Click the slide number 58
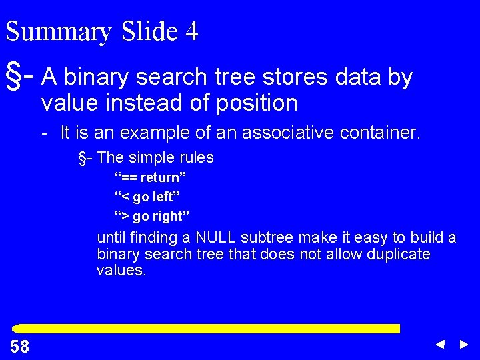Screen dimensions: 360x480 (x=20, y=346)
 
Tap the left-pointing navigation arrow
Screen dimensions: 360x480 (x=440, y=345)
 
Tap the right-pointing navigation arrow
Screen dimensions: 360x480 (x=464, y=345)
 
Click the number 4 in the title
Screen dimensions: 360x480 (x=192, y=31)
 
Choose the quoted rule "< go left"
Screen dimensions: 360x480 (x=147, y=197)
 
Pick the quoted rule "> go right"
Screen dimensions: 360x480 (x=152, y=216)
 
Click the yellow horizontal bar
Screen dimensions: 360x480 (x=207, y=329)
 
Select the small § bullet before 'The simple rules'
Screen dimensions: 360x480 (x=84, y=158)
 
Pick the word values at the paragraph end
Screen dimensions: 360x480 (x=121, y=270)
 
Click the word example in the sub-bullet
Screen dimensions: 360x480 (x=153, y=133)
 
